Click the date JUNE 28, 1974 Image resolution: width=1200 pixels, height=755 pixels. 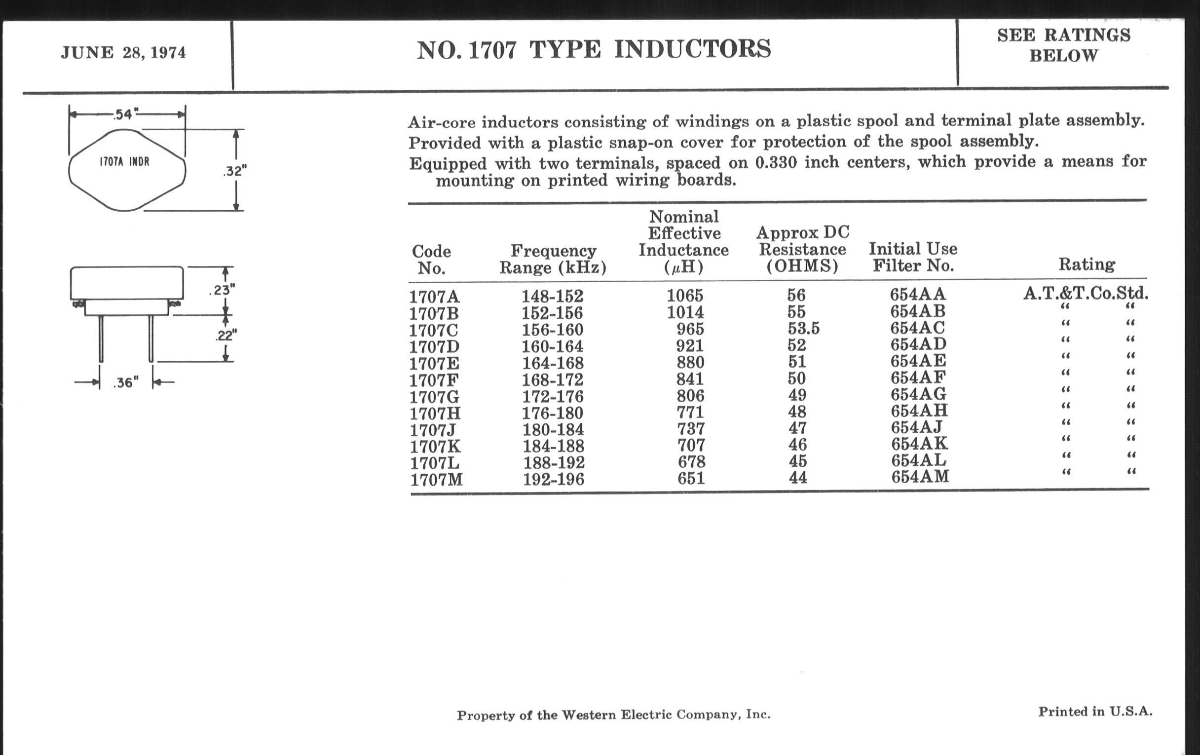(123, 53)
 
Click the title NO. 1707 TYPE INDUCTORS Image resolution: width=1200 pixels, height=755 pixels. (594, 50)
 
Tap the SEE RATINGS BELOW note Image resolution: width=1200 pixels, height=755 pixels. (1063, 45)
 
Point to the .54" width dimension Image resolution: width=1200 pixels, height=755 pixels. (123, 114)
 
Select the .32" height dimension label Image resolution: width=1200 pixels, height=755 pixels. (234, 171)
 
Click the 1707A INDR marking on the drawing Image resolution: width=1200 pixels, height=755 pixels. (124, 162)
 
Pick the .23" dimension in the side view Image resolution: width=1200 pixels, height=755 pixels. (222, 290)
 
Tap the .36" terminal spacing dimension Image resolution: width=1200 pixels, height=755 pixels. (126, 383)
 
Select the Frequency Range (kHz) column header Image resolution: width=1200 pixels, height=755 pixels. (553, 259)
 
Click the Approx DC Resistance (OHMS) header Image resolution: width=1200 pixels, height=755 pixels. (802, 249)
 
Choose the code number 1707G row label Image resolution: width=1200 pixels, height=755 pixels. (434, 397)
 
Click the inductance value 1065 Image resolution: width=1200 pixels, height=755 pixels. (685, 296)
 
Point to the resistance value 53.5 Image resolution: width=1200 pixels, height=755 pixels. (803, 329)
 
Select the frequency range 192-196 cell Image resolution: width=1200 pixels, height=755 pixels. (553, 480)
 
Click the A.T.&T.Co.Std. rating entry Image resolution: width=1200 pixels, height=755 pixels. (1086, 294)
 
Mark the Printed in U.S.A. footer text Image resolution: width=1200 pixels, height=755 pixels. (1095, 712)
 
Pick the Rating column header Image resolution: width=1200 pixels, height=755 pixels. (1087, 264)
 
